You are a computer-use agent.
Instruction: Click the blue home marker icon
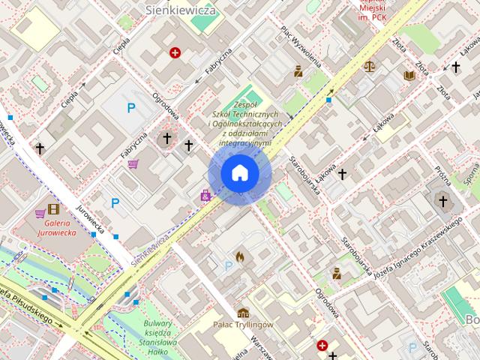coord(240,174)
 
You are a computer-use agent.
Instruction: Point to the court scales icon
coord(369,66)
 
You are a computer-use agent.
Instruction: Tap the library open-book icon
coord(409,75)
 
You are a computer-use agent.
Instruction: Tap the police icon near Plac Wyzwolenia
coord(298,71)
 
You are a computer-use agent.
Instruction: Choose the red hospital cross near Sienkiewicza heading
coord(175,52)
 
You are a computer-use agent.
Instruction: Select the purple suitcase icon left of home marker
coord(205,195)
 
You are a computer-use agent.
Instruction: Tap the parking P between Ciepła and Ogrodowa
coord(131,109)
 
